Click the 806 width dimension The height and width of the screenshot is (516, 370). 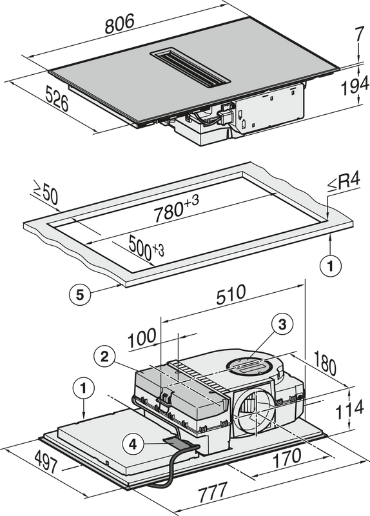(x=120, y=24)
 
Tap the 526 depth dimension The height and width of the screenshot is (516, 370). (x=57, y=98)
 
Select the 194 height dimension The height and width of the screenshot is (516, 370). (x=355, y=87)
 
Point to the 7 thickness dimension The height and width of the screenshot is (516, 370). (x=360, y=35)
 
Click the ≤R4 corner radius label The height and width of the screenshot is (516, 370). (x=344, y=183)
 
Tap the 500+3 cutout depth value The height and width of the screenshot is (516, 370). (x=146, y=246)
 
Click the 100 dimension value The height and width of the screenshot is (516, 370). (x=142, y=338)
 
